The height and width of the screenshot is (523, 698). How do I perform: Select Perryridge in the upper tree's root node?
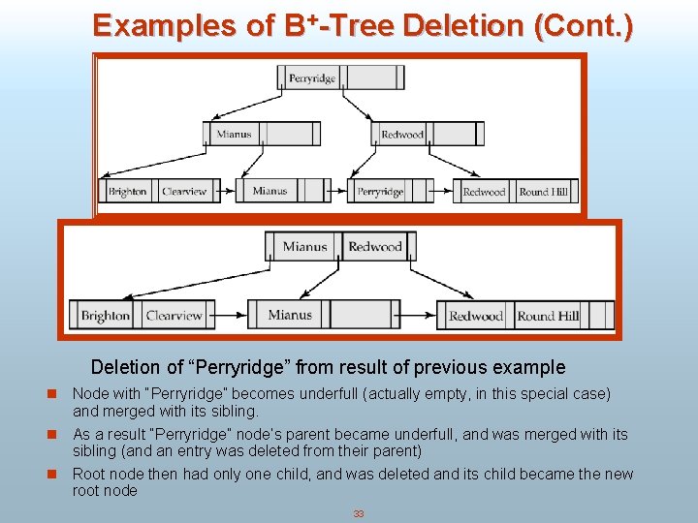pos(311,77)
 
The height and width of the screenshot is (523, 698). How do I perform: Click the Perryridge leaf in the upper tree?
pos(380,192)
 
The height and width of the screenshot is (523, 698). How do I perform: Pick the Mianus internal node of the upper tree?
pos(234,135)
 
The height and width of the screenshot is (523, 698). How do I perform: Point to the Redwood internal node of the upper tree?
pos(402,135)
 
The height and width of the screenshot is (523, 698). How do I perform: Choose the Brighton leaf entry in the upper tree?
pos(128,192)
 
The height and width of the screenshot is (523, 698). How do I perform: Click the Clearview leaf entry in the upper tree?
pos(184,192)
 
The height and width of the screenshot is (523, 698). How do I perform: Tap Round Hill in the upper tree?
pos(543,192)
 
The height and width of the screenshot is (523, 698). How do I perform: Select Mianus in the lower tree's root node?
pos(305,247)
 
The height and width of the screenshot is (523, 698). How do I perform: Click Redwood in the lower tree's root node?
pos(375,247)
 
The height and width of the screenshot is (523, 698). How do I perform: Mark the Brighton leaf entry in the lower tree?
pos(106,316)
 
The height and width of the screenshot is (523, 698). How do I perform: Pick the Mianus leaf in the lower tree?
pos(290,315)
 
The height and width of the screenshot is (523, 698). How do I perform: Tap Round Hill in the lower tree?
pos(548,316)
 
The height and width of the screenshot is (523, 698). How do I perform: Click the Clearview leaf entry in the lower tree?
pos(174,316)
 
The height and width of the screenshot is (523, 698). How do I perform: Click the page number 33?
pos(358,514)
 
